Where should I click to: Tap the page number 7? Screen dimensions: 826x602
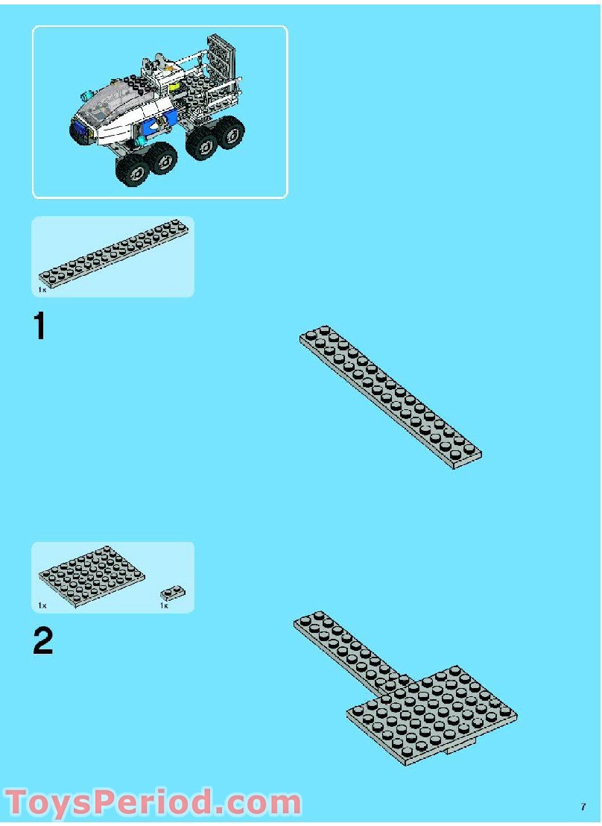pyautogui.click(x=583, y=807)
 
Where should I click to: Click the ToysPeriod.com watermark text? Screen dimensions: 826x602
pyautogui.click(x=153, y=802)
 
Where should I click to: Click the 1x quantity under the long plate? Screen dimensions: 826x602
pyautogui.click(x=42, y=289)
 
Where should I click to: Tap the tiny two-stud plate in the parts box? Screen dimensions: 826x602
pyautogui.click(x=173, y=593)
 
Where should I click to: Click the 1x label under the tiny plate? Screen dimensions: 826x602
pyautogui.click(x=164, y=605)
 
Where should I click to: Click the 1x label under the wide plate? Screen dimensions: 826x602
pyautogui.click(x=42, y=605)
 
